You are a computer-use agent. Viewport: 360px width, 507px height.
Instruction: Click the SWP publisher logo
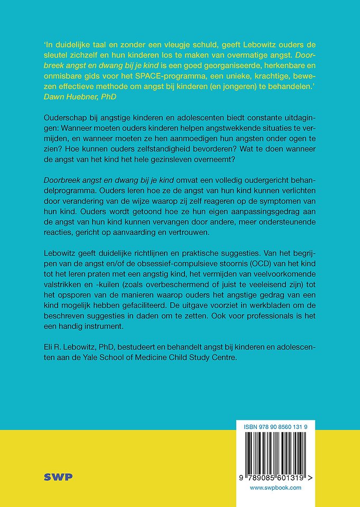coord(59,477)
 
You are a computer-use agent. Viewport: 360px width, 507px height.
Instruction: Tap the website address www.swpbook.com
coord(275,487)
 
